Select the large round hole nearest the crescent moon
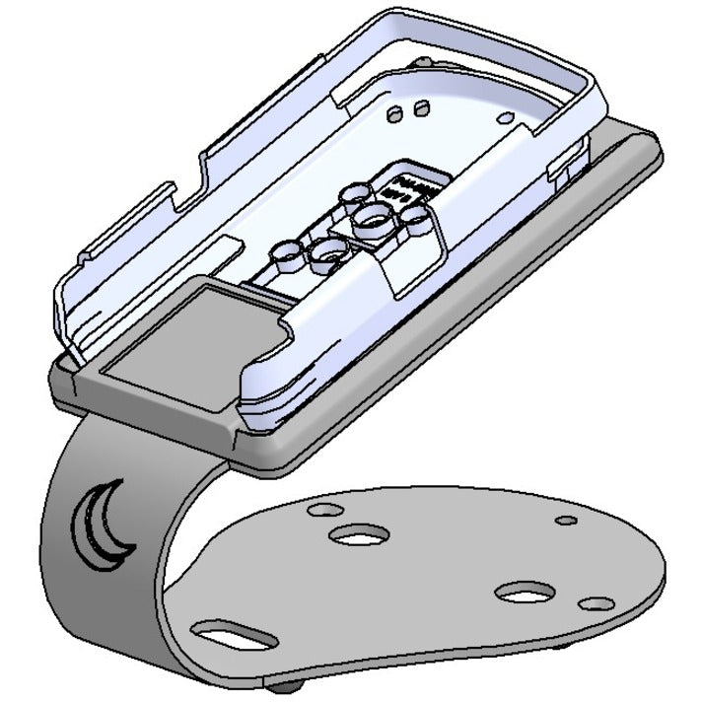(x=358, y=534)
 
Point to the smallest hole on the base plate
(x=565, y=521)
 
